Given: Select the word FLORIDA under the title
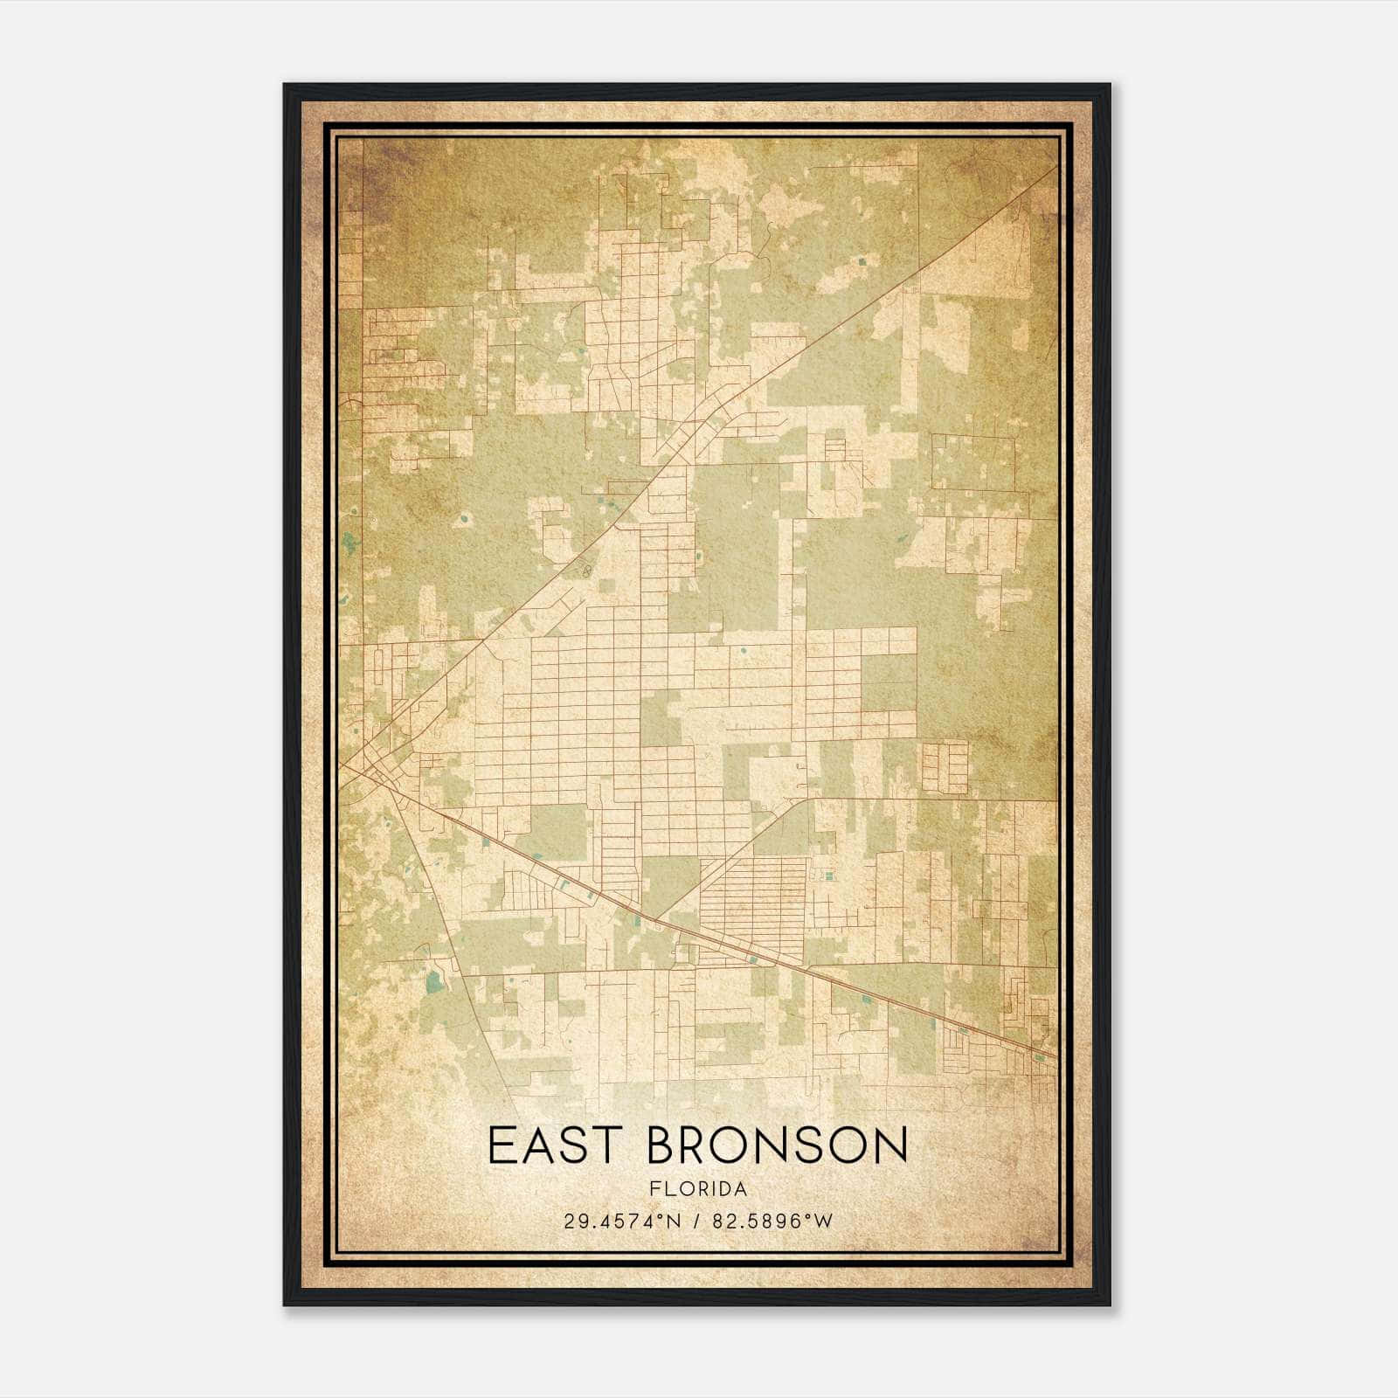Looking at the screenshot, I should (x=698, y=1189).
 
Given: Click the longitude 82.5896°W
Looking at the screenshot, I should (x=773, y=1222).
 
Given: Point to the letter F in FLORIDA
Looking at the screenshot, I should (x=654, y=1189).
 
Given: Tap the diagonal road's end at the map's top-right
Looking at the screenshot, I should (x=1055, y=166).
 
